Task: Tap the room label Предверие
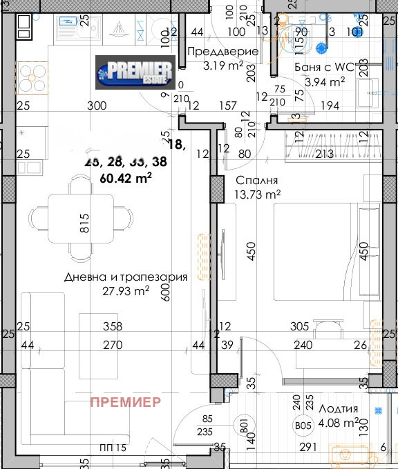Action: click(x=223, y=52)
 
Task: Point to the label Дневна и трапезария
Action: click(x=126, y=277)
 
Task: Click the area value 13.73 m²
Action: click(x=258, y=194)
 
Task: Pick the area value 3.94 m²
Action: click(x=325, y=82)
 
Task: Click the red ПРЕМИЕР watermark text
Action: click(x=126, y=401)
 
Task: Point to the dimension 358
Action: click(x=113, y=326)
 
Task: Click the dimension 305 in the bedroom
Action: click(x=299, y=326)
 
